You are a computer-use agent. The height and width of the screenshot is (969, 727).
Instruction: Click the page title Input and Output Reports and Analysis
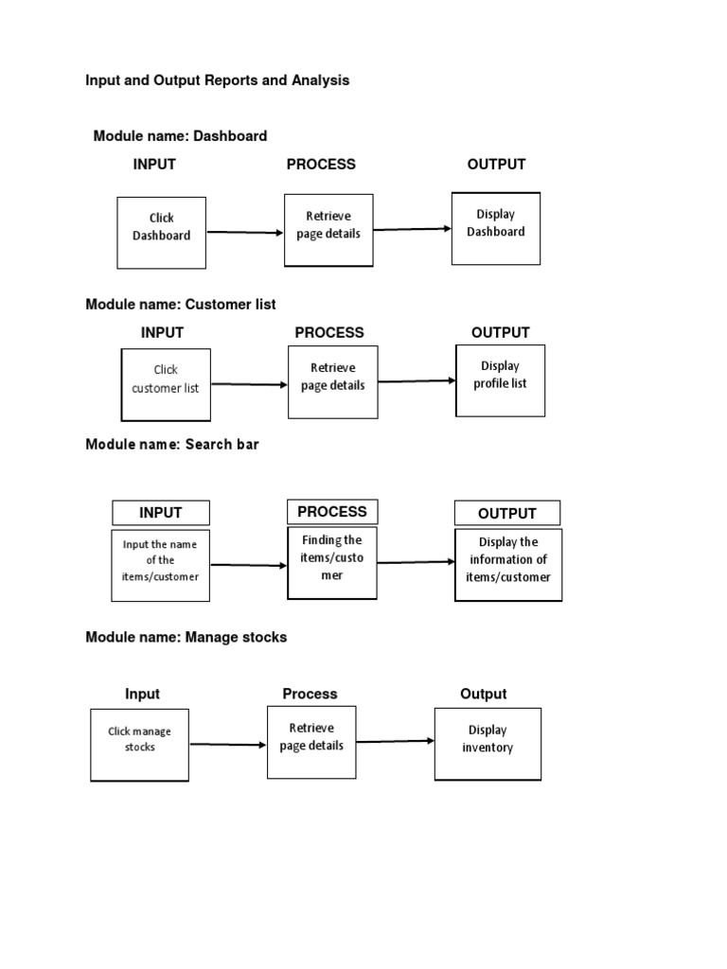[217, 80]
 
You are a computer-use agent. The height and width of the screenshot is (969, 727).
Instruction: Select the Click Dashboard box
[161, 232]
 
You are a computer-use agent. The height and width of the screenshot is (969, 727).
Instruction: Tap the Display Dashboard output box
[495, 229]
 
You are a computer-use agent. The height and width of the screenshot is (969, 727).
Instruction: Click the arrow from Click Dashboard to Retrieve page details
[245, 232]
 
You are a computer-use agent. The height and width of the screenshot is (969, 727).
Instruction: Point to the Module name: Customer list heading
[181, 305]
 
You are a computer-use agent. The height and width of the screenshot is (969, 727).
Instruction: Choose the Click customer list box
[166, 384]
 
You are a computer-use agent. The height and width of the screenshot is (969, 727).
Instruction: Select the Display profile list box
[500, 380]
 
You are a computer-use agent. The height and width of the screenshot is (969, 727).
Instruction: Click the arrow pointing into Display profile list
[417, 381]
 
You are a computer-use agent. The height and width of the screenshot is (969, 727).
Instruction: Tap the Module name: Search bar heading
[172, 445]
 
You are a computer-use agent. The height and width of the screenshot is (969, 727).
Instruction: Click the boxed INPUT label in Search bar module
[161, 513]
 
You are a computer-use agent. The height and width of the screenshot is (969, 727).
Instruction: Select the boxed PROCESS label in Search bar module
[332, 512]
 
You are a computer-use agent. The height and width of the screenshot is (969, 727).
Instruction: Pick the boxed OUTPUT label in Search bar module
[507, 514]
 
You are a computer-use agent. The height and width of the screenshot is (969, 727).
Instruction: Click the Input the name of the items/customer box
[160, 565]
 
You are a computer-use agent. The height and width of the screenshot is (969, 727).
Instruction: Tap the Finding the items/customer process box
[332, 562]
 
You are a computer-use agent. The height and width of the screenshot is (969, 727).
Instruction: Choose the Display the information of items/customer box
[508, 565]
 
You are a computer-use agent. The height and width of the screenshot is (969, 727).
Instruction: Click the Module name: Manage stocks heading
[186, 638]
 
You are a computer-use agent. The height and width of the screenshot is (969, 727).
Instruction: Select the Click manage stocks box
[139, 745]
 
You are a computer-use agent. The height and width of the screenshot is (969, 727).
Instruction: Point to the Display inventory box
[488, 744]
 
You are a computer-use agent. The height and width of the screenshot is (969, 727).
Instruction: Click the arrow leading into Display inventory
[396, 741]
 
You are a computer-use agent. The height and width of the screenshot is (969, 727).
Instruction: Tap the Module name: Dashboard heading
[180, 136]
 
